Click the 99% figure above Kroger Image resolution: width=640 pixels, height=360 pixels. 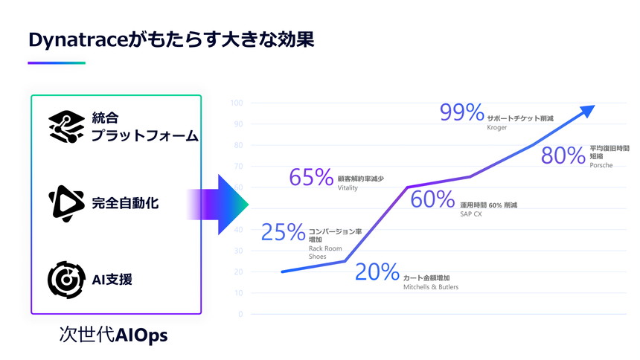[462, 112]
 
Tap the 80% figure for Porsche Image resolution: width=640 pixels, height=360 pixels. [563, 155]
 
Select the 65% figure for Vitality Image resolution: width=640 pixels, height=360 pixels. [310, 177]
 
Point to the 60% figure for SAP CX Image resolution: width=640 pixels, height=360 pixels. [432, 199]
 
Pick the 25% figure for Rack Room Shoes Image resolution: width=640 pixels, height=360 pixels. [284, 232]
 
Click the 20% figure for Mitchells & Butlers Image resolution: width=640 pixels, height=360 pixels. [377, 272]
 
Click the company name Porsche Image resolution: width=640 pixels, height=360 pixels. [601, 165]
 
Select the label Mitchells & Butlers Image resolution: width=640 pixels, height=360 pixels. [430, 286]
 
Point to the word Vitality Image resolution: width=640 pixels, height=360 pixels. [348, 188]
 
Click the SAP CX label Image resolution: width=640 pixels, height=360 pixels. [471, 213]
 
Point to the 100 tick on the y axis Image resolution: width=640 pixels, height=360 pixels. [237, 103]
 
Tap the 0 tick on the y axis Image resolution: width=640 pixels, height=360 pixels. [240, 314]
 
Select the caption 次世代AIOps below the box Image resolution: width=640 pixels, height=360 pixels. [114, 335]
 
